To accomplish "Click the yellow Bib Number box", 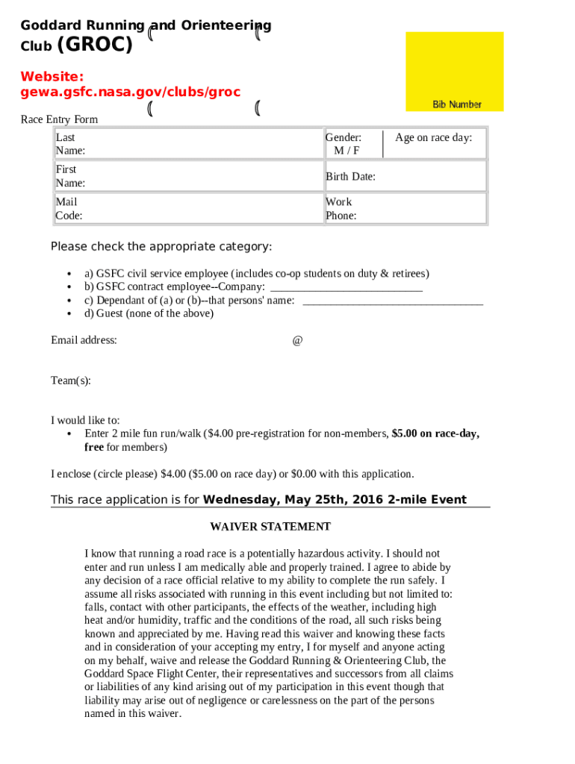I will pos(454,72).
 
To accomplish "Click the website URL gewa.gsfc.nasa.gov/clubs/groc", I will pos(131,92).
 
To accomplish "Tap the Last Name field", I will pos(189,144).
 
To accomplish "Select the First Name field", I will pos(189,176).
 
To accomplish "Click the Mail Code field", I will pos(189,209).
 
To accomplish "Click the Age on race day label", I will pos(434,137).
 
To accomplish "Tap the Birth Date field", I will pos(405,177).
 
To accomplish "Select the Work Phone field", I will pos(405,209).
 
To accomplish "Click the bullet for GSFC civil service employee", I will pos(69,274).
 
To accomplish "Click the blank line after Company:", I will pos(346,287).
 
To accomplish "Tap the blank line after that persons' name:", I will pos(392,301).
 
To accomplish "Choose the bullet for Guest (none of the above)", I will pos(69,314).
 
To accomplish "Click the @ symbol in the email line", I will pos(297,340).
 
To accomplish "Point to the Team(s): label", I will pos(71,381).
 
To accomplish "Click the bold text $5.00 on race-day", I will pos(435,433).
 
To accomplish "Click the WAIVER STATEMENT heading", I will pos(270,527).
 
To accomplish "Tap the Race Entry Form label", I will pos(59,119).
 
